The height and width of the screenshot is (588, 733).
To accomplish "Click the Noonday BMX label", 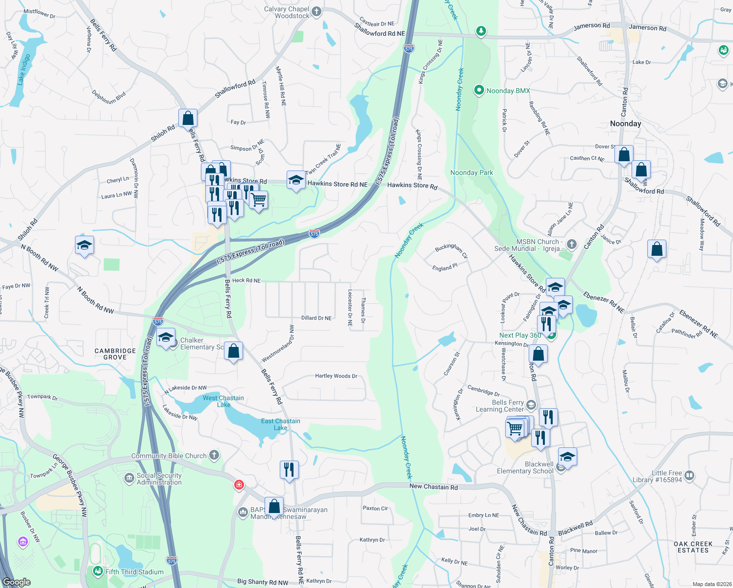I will (508, 91).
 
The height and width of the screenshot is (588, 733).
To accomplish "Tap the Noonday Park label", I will (471, 172).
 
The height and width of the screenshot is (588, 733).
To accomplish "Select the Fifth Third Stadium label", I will (134, 572).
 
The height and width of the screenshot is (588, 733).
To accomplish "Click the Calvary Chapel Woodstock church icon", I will (317, 12).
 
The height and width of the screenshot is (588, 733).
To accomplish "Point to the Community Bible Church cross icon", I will (214, 455).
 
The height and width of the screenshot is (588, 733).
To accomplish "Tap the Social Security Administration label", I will (159, 479).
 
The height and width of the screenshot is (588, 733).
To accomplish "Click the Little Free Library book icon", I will (689, 475).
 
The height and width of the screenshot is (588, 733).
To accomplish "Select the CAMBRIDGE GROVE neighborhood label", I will (115, 354).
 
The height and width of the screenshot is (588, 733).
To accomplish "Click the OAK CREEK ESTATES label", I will (693, 547).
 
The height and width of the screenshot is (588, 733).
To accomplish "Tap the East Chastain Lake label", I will (280, 424).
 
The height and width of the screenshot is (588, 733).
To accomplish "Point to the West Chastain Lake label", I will (223, 401).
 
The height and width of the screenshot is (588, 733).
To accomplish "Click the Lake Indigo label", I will (24, 70).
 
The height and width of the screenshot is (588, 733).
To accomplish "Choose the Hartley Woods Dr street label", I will (336, 376).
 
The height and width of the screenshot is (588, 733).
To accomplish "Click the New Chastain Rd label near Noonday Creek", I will (434, 487).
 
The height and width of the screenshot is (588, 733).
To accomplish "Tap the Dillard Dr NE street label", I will (316, 318).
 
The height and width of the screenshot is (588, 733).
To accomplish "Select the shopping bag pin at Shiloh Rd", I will (188, 119).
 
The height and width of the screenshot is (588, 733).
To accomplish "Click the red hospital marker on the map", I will (239, 485).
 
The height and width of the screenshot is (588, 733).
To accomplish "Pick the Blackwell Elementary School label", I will (525, 467).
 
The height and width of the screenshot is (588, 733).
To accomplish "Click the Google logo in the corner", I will (17, 582).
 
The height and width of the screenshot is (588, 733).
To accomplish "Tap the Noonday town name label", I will (625, 123).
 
